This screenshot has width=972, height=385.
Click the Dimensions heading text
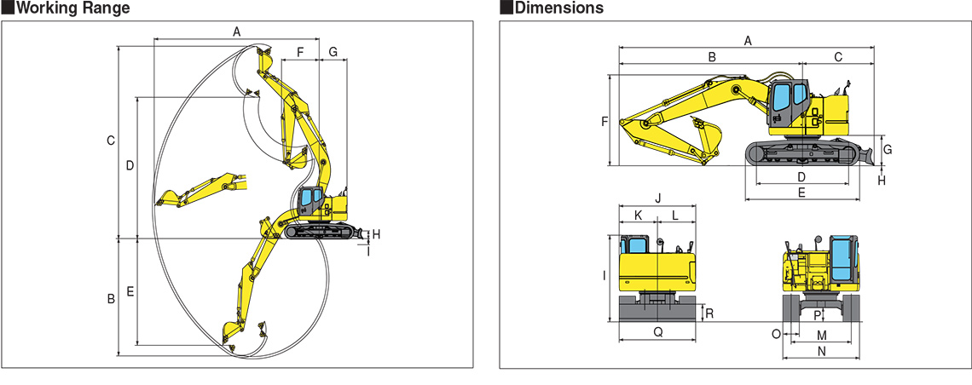[559, 8]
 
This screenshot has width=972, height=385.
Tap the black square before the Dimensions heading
[506, 8]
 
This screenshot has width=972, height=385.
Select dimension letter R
[709, 313]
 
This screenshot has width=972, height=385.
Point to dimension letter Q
[658, 332]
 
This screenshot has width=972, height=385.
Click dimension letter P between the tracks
[817, 316]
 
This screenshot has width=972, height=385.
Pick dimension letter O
[776, 334]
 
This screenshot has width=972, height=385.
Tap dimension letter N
[822, 352]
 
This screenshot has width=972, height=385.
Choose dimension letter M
[822, 336]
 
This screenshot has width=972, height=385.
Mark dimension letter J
[659, 198]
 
